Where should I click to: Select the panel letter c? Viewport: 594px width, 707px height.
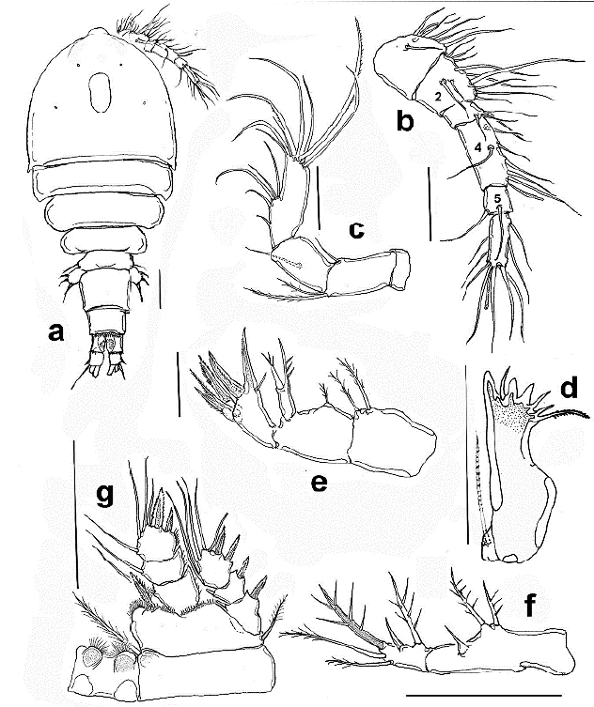point(356,229)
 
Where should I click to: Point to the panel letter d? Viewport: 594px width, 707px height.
point(569,387)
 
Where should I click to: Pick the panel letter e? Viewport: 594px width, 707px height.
point(319,483)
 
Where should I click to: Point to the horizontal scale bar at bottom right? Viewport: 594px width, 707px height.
point(484,695)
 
